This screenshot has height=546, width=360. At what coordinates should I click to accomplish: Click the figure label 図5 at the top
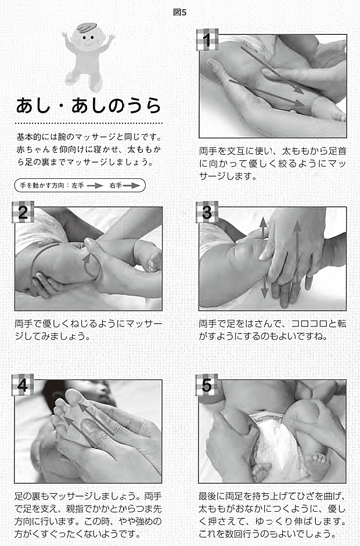[x=179, y=12]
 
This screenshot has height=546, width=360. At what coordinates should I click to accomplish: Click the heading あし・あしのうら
[x=89, y=106]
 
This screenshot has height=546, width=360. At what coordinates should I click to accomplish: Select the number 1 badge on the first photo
[x=207, y=39]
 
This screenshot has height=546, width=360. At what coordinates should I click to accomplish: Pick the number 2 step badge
[x=23, y=212]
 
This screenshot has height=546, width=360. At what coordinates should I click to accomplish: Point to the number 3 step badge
[x=207, y=212]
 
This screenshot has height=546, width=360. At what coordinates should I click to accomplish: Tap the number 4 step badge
[x=23, y=385]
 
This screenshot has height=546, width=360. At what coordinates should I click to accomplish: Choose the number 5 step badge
[x=207, y=385]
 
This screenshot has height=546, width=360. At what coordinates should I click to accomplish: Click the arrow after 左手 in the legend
[x=95, y=186]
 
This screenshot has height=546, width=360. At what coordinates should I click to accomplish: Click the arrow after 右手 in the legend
[x=131, y=186]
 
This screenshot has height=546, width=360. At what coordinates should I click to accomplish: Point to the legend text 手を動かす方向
[x=42, y=186]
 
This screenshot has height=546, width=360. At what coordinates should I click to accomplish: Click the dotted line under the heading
[x=89, y=123]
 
